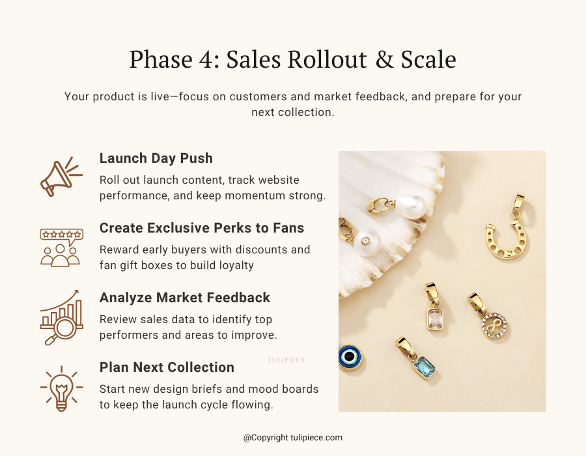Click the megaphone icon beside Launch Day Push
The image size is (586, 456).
pos(60,176)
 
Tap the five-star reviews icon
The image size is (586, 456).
pos(61,247)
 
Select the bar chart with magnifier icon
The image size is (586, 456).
pos(61,317)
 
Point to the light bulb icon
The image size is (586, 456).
pos(61,388)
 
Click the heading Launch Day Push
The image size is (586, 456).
pos(156,158)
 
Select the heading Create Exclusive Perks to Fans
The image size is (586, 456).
pos(202,228)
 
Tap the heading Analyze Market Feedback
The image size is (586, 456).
pos(184,298)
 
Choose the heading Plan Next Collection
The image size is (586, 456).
pos(167,367)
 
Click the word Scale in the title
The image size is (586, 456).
pos(426,60)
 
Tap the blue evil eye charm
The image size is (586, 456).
pos(350,358)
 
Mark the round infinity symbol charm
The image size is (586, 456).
pos(492,323)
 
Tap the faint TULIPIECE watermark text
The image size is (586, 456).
pos(286,360)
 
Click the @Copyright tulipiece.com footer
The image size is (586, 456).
pos(293,438)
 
